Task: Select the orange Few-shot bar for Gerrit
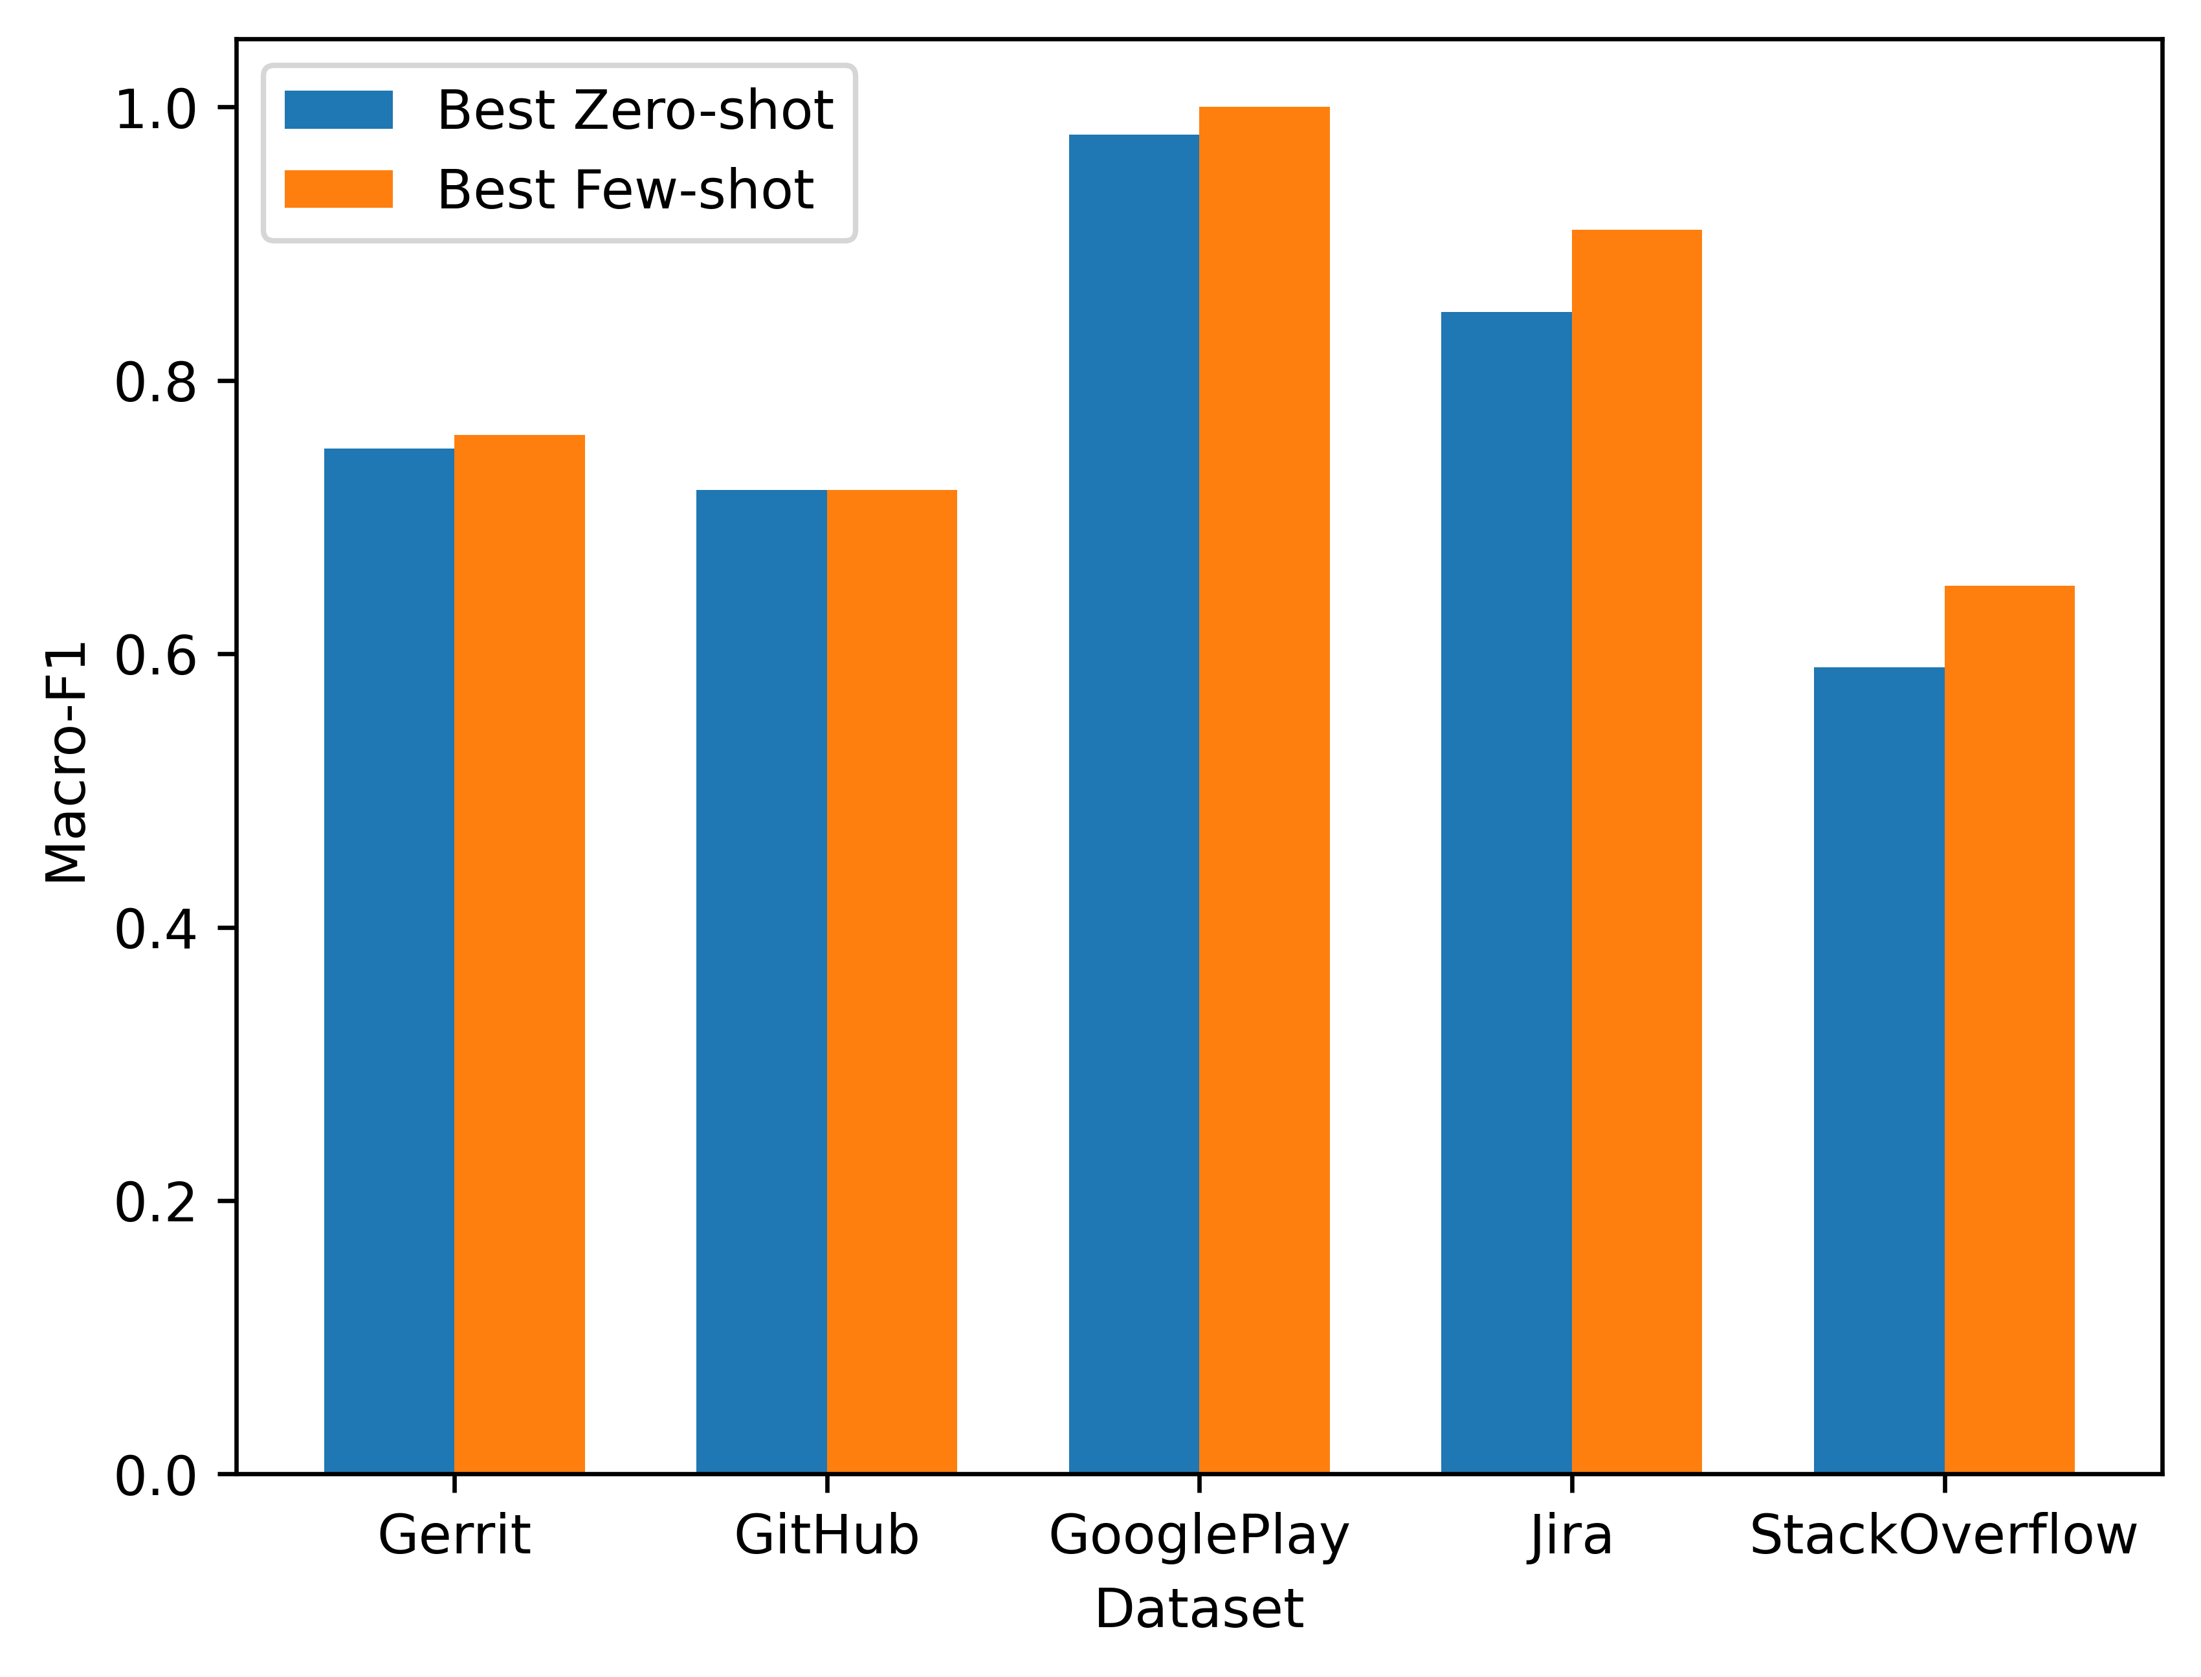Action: [x=519, y=953]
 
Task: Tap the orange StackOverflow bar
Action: [x=2008, y=1029]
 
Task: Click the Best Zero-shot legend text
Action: [x=635, y=110]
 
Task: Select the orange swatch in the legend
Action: [x=338, y=190]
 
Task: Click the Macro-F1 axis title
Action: [x=66, y=762]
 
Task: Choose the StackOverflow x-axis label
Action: [x=1943, y=1535]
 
